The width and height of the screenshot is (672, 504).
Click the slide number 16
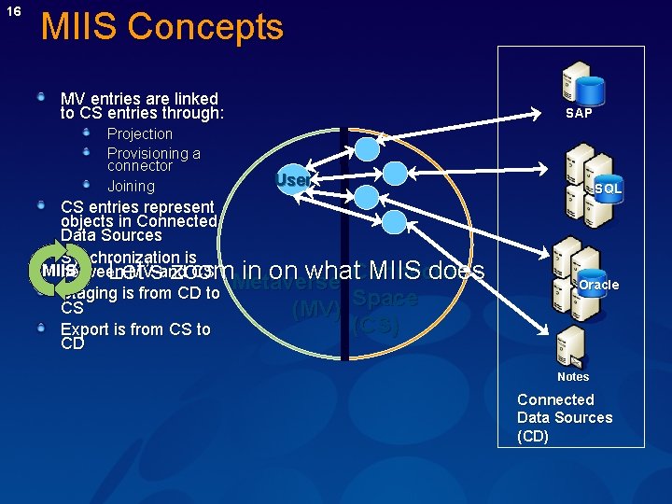[13, 11]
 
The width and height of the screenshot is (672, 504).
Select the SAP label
[579, 113]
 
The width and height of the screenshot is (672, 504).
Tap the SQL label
[608, 189]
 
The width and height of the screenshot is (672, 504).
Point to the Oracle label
[598, 285]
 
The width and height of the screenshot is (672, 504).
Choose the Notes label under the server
[573, 377]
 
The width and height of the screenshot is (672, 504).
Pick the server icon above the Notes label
[570, 345]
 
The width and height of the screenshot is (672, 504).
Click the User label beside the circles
[292, 180]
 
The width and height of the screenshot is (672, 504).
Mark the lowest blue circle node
[395, 221]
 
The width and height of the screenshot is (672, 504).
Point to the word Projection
[140, 134]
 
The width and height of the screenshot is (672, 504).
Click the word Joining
[131, 187]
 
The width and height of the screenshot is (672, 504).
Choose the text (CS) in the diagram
[376, 327]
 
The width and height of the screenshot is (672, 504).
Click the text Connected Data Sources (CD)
[565, 418]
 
